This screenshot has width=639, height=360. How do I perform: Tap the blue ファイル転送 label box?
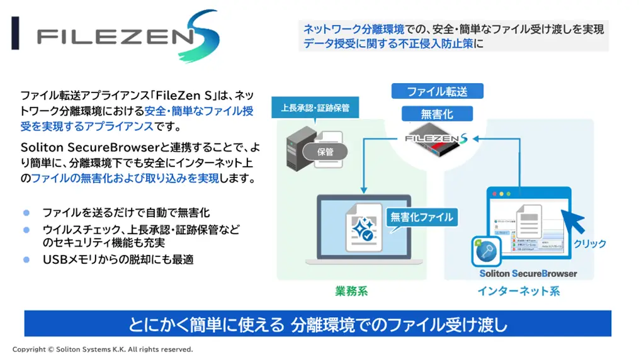[438, 91]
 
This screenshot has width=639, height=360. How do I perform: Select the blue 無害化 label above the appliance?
[437, 114]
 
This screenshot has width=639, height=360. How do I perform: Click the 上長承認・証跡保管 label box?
[315, 108]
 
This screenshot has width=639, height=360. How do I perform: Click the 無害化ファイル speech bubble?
[421, 217]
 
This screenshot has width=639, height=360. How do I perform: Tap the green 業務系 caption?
[351, 291]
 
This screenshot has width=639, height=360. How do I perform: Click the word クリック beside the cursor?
[590, 244]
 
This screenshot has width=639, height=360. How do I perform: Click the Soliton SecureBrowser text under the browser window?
[528, 274]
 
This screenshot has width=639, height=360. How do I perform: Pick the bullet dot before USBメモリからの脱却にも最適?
[26, 259]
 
